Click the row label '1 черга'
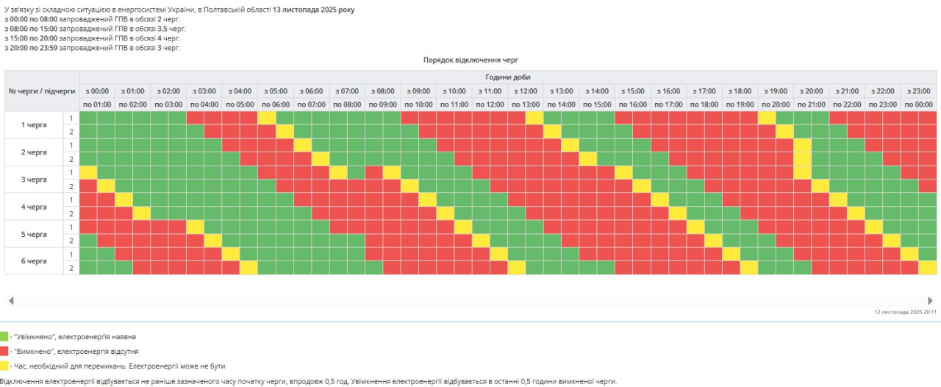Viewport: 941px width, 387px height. pyautogui.click(x=34, y=124)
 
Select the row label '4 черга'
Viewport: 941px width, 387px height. pyautogui.click(x=34, y=207)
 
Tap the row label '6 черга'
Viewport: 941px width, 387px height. pyautogui.click(x=34, y=261)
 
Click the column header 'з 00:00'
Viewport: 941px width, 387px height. pyautogui.click(x=97, y=90)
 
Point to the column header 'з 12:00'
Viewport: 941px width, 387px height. pyautogui.click(x=526, y=90)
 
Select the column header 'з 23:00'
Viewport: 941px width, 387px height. pyautogui.click(x=918, y=90)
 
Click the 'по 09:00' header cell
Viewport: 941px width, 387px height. pyautogui.click(x=382, y=104)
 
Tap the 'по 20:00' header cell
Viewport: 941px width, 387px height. pyautogui.click(x=776, y=104)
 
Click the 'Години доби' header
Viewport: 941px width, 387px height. pyautogui.click(x=507, y=77)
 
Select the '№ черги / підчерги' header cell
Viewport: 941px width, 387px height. pyautogui.click(x=42, y=90)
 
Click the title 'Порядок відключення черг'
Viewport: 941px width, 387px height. pyautogui.click(x=471, y=60)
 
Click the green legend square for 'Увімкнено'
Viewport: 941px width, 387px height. pyautogui.click(x=4, y=336)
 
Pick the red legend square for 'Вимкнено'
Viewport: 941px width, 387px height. pyautogui.click(x=4, y=351)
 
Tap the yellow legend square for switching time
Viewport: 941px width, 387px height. pyautogui.click(x=4, y=365)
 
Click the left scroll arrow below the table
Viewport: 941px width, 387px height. pyautogui.click(x=10, y=300)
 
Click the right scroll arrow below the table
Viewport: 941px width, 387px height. pyautogui.click(x=930, y=300)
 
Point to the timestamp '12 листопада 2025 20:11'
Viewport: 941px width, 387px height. pyautogui.click(x=906, y=312)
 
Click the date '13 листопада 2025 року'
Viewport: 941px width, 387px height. pyautogui.click(x=313, y=10)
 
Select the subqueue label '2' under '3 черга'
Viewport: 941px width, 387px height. pyautogui.click(x=71, y=185)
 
